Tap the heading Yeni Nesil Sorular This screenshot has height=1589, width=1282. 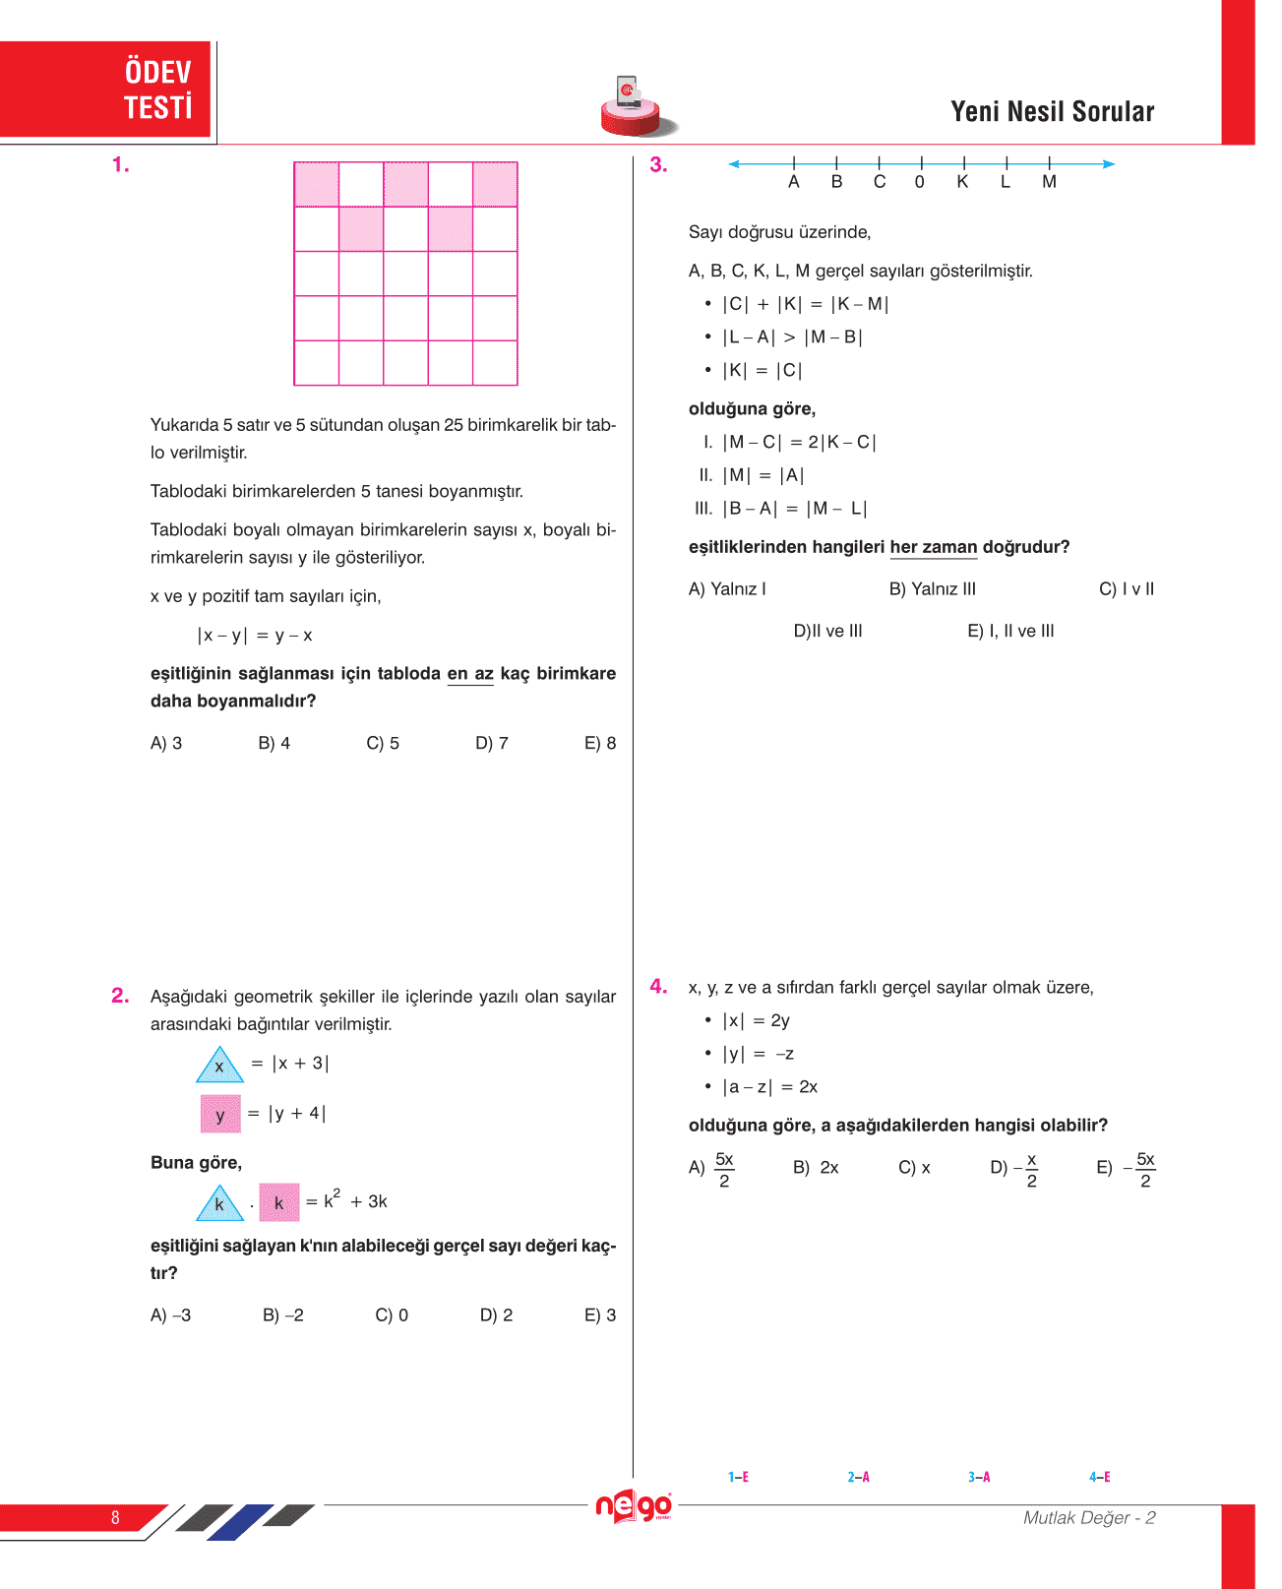point(1052,112)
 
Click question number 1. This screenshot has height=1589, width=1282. point(121,165)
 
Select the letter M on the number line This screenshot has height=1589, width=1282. point(1049,182)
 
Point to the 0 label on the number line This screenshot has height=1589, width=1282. point(920,182)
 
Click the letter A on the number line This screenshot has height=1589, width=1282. point(794,182)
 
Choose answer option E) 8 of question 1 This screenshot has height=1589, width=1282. point(600,743)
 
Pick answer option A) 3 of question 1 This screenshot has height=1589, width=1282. point(166,743)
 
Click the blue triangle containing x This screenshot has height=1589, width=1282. point(219,1066)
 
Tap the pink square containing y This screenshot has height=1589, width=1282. point(220,1114)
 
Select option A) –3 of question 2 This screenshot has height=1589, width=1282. point(171,1315)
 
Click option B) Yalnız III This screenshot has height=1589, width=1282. point(933,589)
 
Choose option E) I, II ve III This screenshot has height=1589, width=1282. point(1010,632)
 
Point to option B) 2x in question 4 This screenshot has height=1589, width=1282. point(816,1168)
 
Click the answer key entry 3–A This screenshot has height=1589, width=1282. point(979,1477)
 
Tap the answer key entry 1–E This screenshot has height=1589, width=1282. point(738,1477)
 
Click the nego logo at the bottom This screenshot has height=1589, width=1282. point(634,1506)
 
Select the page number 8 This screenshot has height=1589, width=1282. point(115,1517)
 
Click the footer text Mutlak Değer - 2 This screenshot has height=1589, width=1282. point(1089,1518)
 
